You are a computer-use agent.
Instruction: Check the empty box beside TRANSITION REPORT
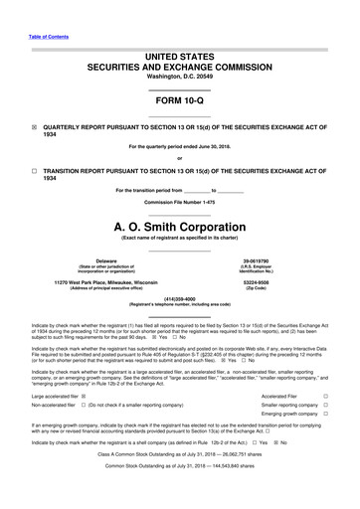[x=34, y=170]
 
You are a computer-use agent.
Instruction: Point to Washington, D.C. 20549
[x=179, y=77]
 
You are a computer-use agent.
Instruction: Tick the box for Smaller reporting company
[x=325, y=407]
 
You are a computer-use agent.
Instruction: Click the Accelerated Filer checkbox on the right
[x=325, y=396]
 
